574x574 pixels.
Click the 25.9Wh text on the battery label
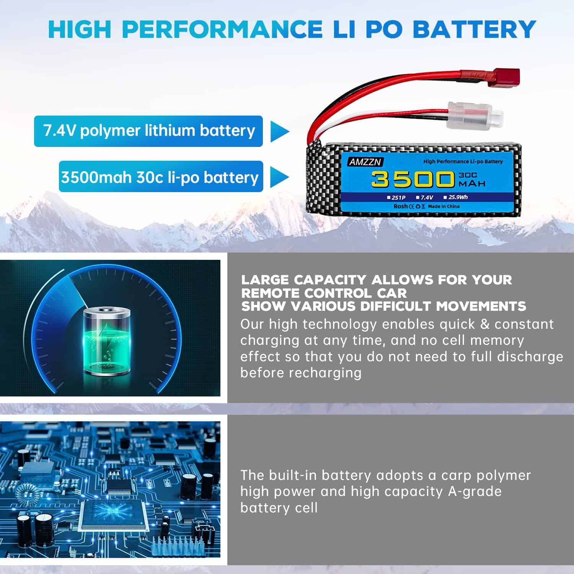pyautogui.click(x=458, y=197)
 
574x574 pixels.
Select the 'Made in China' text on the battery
pyautogui.click(x=444, y=206)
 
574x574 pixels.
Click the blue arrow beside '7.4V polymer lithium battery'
pyautogui.click(x=279, y=131)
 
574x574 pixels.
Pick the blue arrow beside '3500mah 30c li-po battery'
pyautogui.click(x=279, y=177)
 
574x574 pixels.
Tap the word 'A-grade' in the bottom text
pyautogui.click(x=475, y=491)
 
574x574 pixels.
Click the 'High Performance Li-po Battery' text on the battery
pyautogui.click(x=463, y=161)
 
